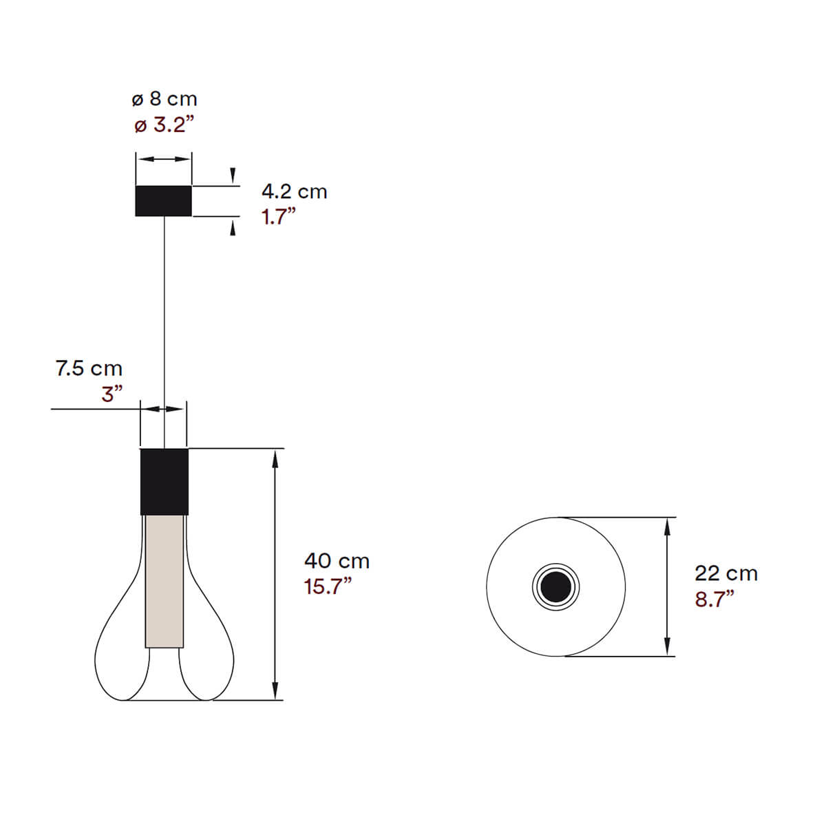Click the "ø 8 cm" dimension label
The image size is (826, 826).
click(x=165, y=99)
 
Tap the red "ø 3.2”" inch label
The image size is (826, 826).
click(x=165, y=125)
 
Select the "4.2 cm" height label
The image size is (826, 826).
click(x=295, y=191)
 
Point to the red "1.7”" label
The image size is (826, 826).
click(x=279, y=217)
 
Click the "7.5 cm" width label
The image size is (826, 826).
click(x=89, y=369)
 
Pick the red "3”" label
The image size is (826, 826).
click(x=112, y=394)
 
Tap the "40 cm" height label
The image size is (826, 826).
click(x=337, y=562)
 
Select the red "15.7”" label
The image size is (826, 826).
click(x=328, y=586)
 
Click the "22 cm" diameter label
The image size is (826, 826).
click(x=726, y=573)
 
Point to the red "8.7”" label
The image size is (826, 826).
click(x=714, y=599)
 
